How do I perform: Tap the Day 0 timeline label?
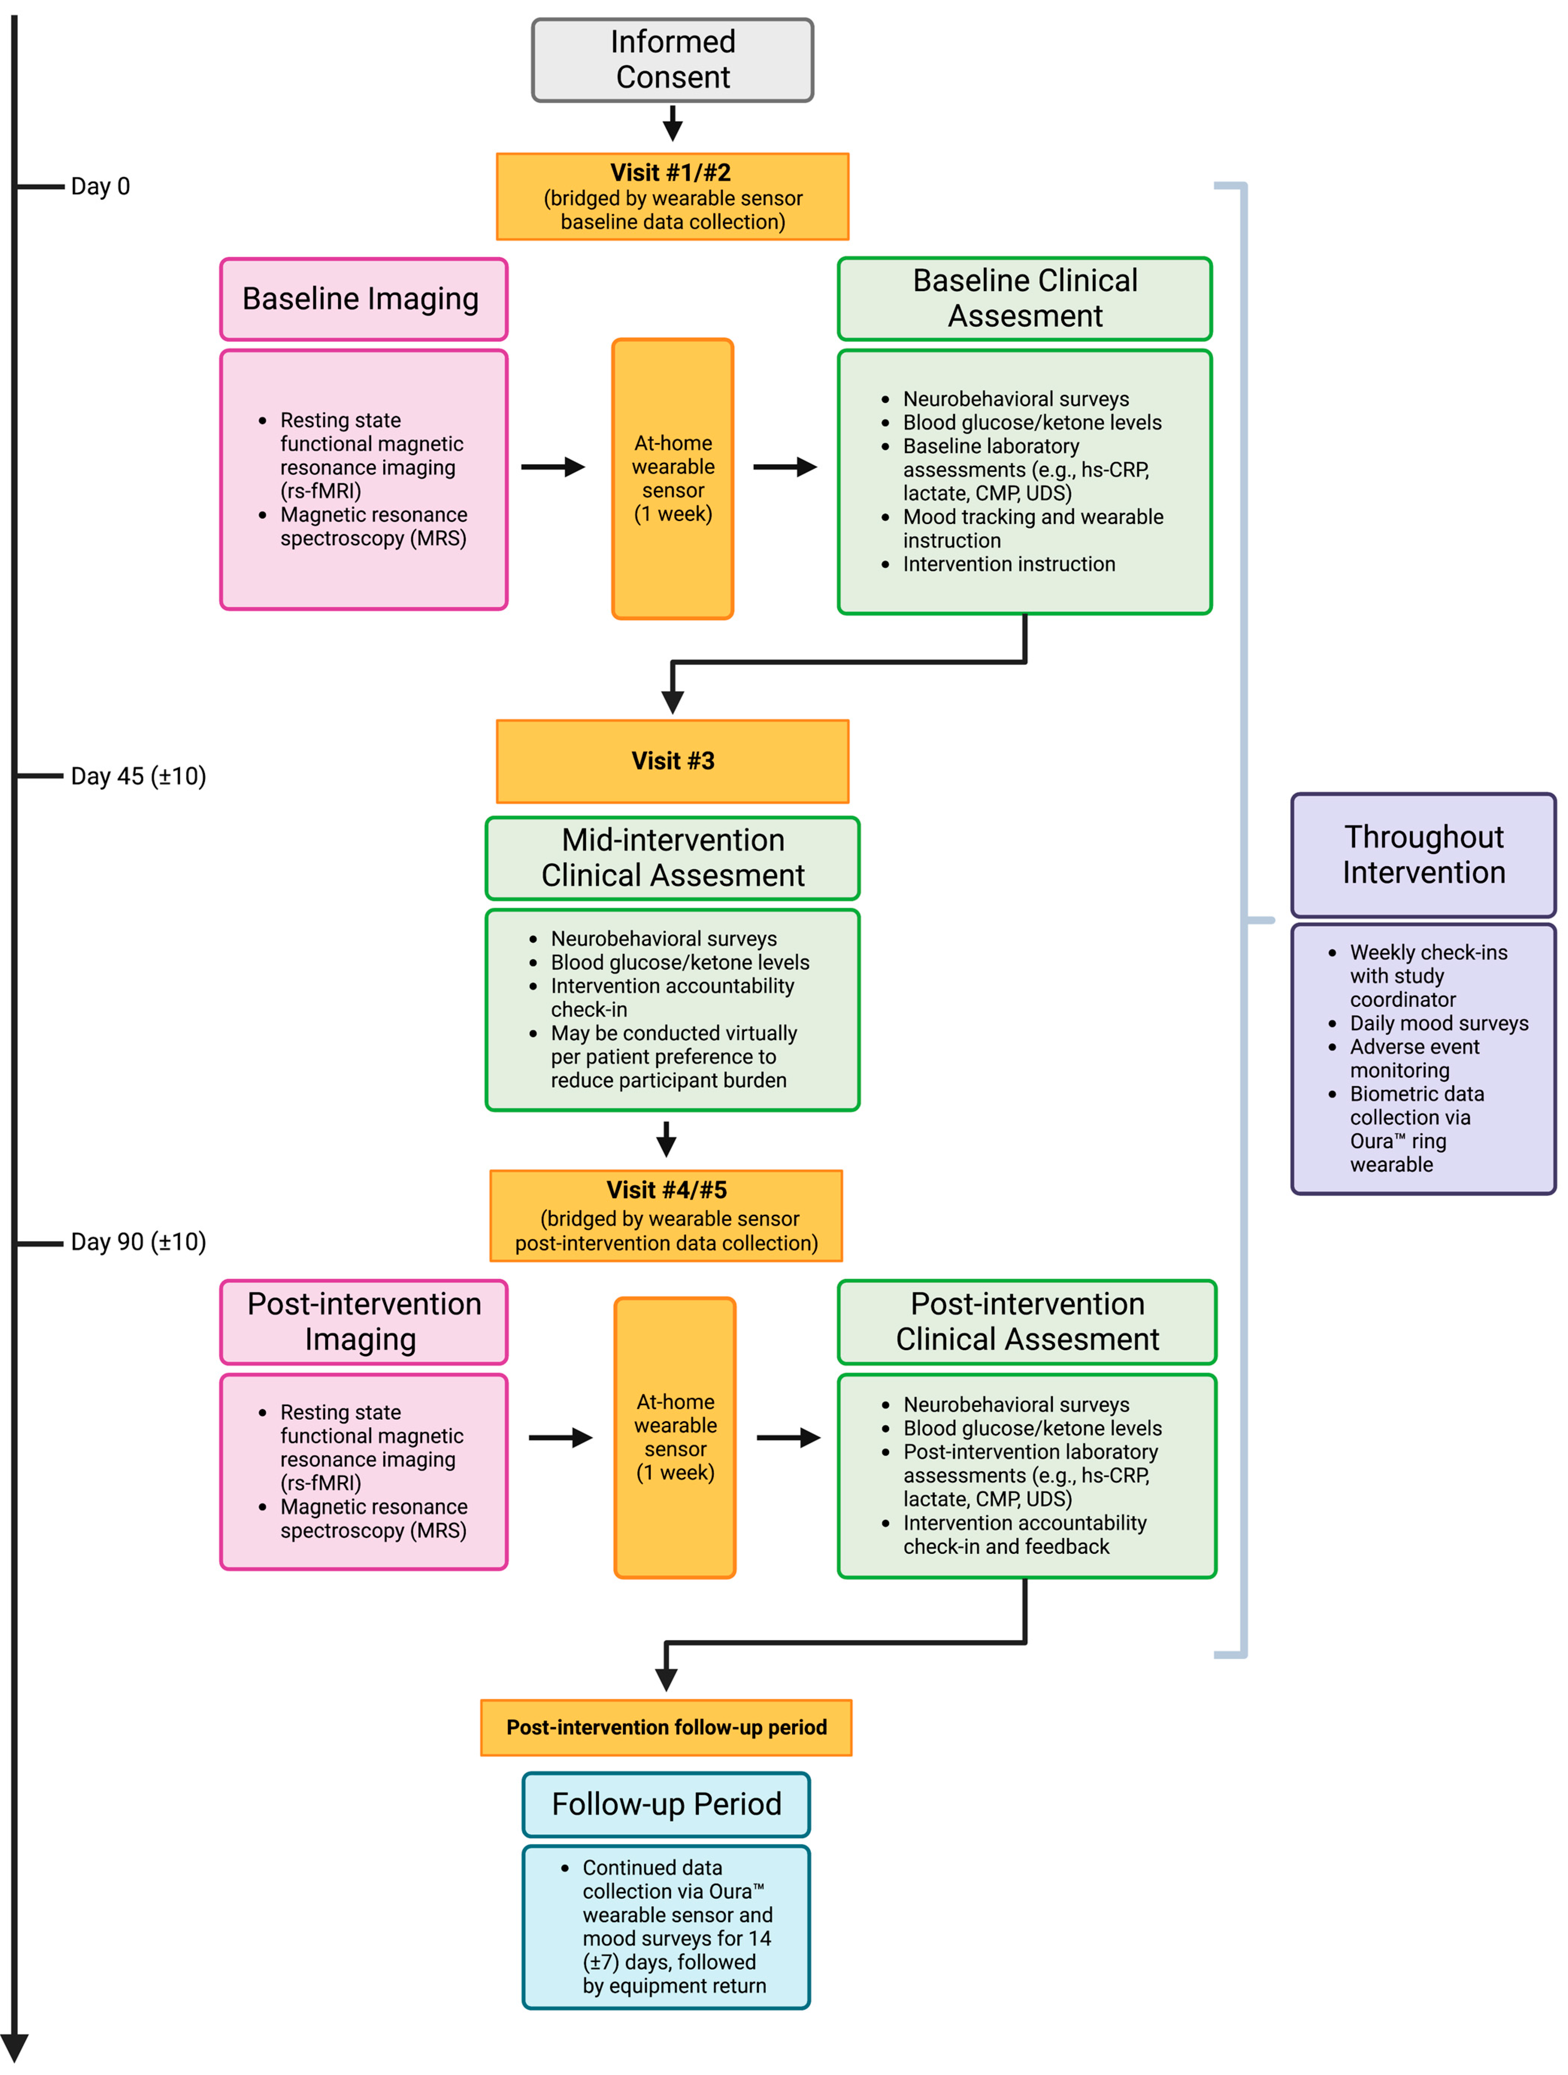point(100,187)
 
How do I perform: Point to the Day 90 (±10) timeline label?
point(138,1242)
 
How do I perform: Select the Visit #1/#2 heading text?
point(670,173)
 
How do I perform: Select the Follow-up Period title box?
point(666,1804)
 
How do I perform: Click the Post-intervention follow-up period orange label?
point(666,1727)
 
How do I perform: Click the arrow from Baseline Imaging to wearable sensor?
point(553,467)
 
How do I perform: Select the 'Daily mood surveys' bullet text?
point(1439,1023)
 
